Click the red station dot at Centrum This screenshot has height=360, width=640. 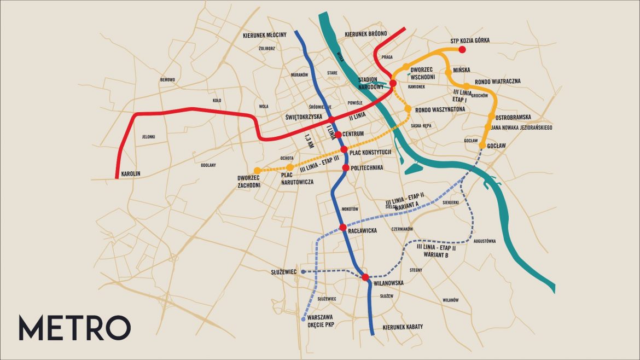click(x=338, y=135)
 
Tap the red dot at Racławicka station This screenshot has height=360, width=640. click(x=343, y=228)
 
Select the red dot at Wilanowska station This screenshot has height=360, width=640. click(x=365, y=277)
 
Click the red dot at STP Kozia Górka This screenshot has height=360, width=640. click(x=462, y=50)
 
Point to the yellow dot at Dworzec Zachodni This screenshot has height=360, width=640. click(x=257, y=170)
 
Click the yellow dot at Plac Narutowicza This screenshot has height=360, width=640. click(x=290, y=167)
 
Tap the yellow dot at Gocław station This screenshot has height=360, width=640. click(x=482, y=146)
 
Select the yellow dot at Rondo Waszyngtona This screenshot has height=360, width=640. click(x=408, y=109)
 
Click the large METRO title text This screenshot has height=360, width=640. click(x=74, y=327)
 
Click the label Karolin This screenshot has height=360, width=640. click(x=131, y=173)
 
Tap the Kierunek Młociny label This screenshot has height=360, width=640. click(x=265, y=35)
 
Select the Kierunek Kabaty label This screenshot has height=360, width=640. click(x=402, y=327)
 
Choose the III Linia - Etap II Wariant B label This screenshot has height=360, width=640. click(x=436, y=251)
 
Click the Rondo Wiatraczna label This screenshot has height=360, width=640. click(x=497, y=82)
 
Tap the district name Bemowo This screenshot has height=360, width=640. click(x=167, y=80)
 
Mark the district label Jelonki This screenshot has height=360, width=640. click(x=149, y=137)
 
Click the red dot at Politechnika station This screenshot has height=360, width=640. click(x=346, y=167)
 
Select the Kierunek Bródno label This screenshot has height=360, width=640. click(x=366, y=34)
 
